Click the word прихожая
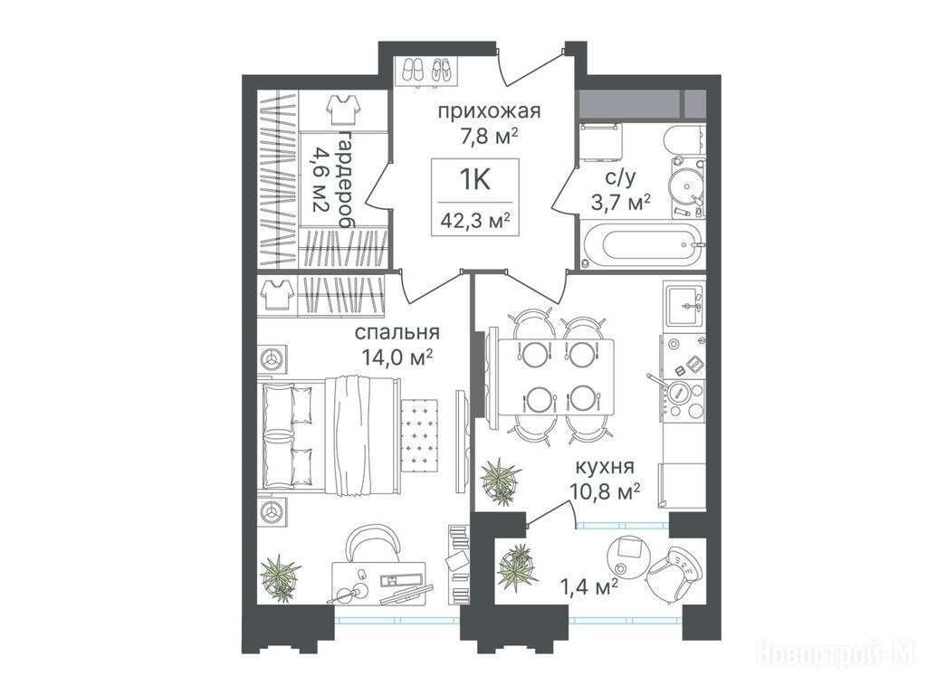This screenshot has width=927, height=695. point(489,111)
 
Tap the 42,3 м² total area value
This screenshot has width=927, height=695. point(475,221)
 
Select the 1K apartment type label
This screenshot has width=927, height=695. point(474,180)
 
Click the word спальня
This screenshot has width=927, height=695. point(397,333)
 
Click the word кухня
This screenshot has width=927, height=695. point(605,467)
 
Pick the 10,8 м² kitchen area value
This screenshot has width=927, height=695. point(605,490)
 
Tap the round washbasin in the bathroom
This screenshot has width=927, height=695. point(688,183)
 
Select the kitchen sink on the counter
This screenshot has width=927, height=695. point(685,306)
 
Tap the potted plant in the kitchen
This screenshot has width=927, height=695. point(500,481)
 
